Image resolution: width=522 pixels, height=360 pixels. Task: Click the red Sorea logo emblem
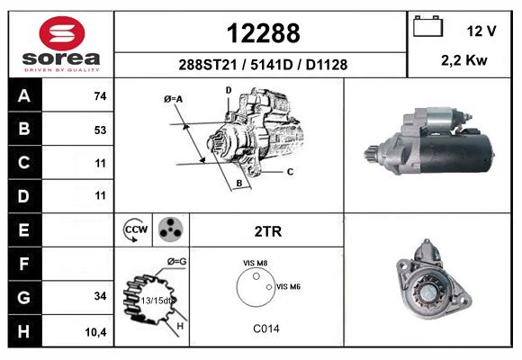pos(62,33)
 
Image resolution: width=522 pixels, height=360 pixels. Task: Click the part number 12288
pos(264,33)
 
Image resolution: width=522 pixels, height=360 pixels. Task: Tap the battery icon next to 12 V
pos(427,26)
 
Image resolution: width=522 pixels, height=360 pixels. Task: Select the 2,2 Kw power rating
pos(464,60)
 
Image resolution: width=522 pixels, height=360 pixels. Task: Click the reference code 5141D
pos(271,65)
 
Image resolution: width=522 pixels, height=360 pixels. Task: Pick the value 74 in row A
pos(100,96)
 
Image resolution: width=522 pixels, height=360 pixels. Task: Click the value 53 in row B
pos(100,130)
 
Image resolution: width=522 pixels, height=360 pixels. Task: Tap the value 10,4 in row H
pos(96,332)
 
